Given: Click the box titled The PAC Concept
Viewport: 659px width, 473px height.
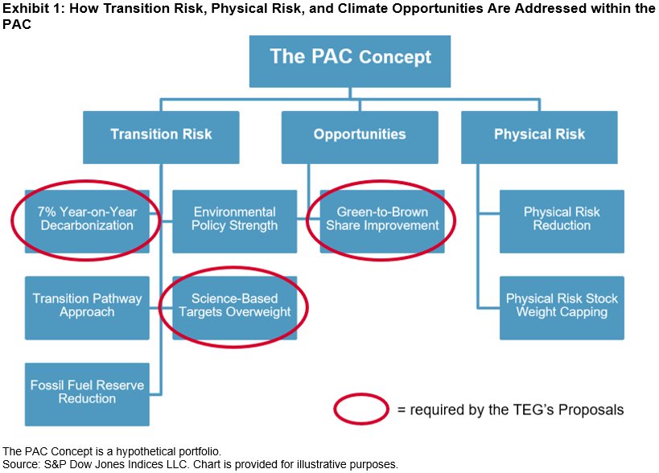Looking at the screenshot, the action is coord(350,61).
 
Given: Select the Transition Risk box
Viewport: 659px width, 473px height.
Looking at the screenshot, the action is coord(161,138).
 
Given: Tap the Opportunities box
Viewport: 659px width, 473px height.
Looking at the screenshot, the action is coord(360,138).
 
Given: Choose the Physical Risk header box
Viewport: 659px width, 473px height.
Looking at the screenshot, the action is coord(539,138).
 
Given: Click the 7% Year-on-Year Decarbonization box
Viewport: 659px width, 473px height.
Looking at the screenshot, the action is coord(87,221).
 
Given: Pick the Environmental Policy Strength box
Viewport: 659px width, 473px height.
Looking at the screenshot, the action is coord(234,221).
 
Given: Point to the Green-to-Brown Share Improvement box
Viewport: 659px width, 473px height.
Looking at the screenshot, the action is coord(382,221).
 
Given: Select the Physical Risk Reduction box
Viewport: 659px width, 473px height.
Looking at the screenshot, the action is coord(562,221).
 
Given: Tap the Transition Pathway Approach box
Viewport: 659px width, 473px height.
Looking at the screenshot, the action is coord(87,308).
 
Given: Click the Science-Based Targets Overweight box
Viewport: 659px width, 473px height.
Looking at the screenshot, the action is coord(234,308).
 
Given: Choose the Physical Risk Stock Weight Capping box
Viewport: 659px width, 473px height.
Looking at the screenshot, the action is coord(562,308).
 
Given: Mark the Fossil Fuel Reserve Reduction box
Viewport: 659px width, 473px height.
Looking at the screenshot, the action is coord(87,394).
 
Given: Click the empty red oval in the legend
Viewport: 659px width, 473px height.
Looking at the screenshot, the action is coord(361,394).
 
